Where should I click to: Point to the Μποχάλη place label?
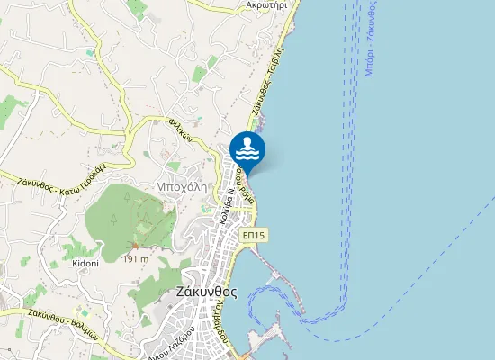coord(183,178)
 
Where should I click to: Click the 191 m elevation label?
coord(135,259)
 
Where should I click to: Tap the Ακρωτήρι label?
coord(266,5)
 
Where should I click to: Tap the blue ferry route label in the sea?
coord(370,40)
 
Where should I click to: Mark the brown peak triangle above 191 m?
coord(135,246)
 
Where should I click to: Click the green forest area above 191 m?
coord(126,211)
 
